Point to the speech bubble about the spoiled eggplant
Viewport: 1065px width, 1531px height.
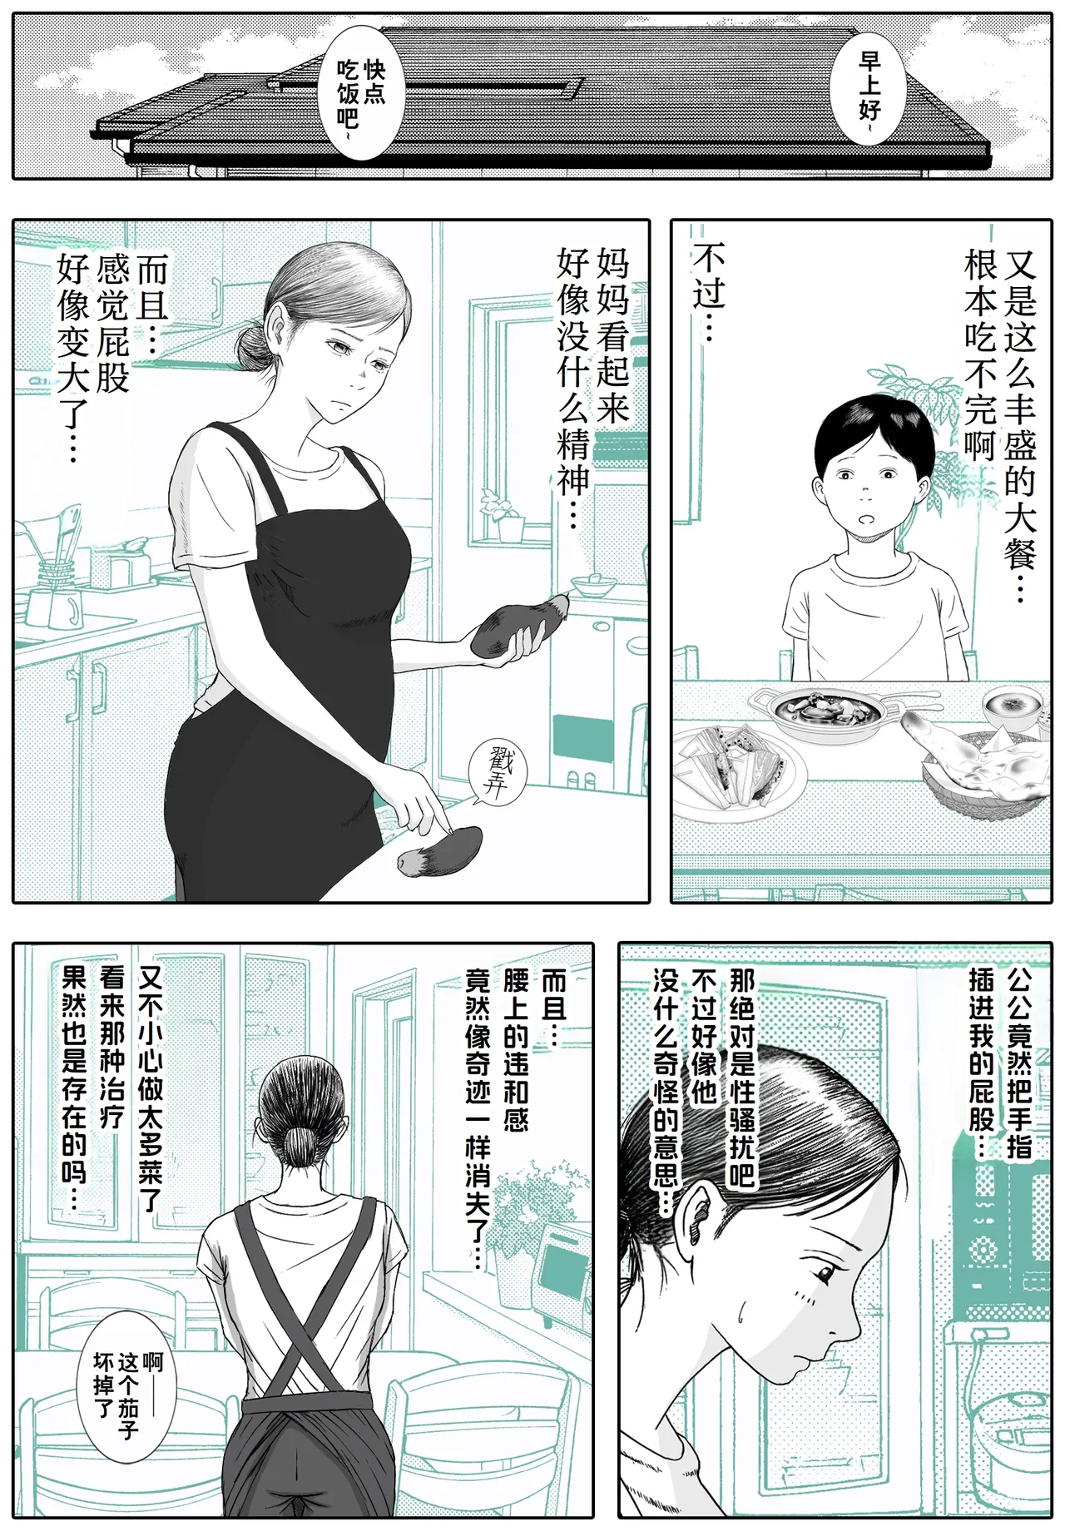click(128, 1385)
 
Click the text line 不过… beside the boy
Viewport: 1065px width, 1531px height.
click(708, 291)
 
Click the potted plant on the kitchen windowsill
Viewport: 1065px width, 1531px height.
click(505, 516)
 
